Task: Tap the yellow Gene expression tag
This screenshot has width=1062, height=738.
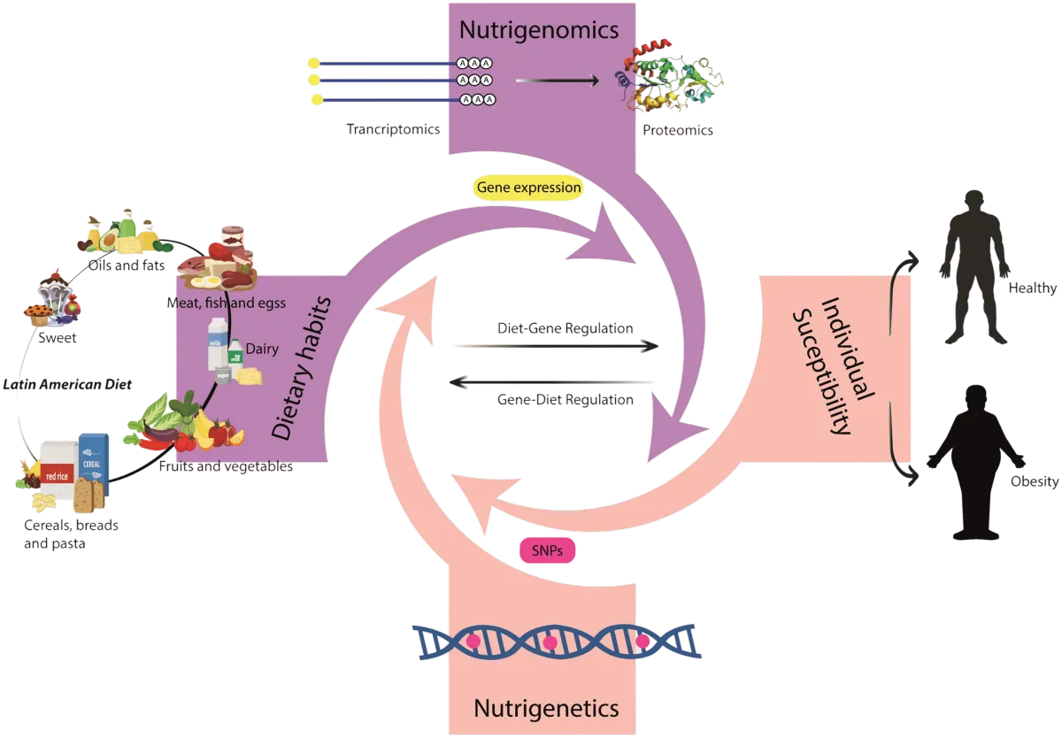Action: pyautogui.click(x=529, y=188)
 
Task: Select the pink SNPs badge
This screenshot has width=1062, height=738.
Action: pyautogui.click(x=547, y=550)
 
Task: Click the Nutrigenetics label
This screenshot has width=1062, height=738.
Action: pyautogui.click(x=545, y=707)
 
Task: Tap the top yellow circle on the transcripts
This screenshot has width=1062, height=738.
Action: pyautogui.click(x=312, y=63)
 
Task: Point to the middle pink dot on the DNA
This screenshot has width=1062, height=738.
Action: pyautogui.click(x=550, y=641)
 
